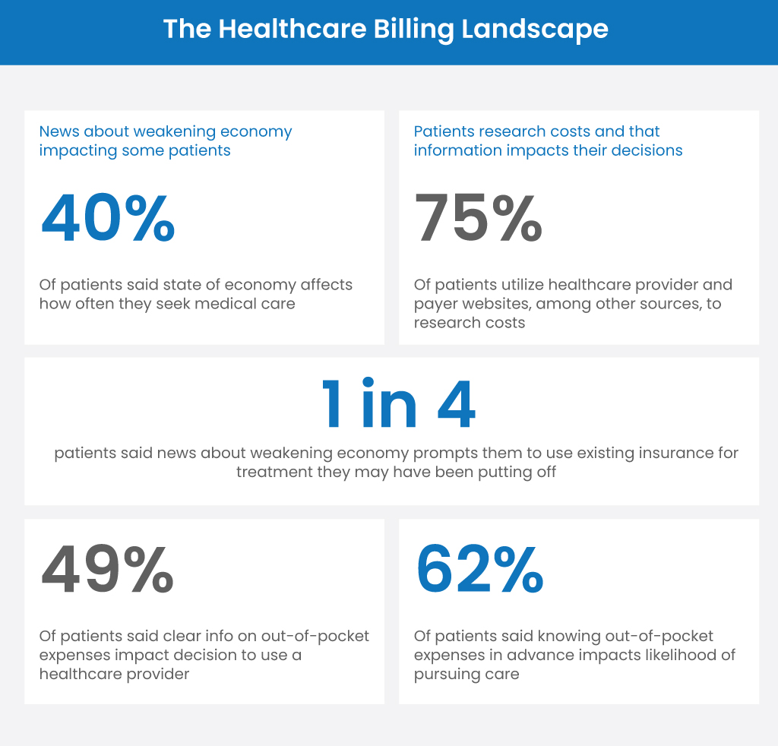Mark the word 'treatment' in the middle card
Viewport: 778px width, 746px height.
[272, 472]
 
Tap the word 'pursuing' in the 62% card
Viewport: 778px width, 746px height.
[444, 674]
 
